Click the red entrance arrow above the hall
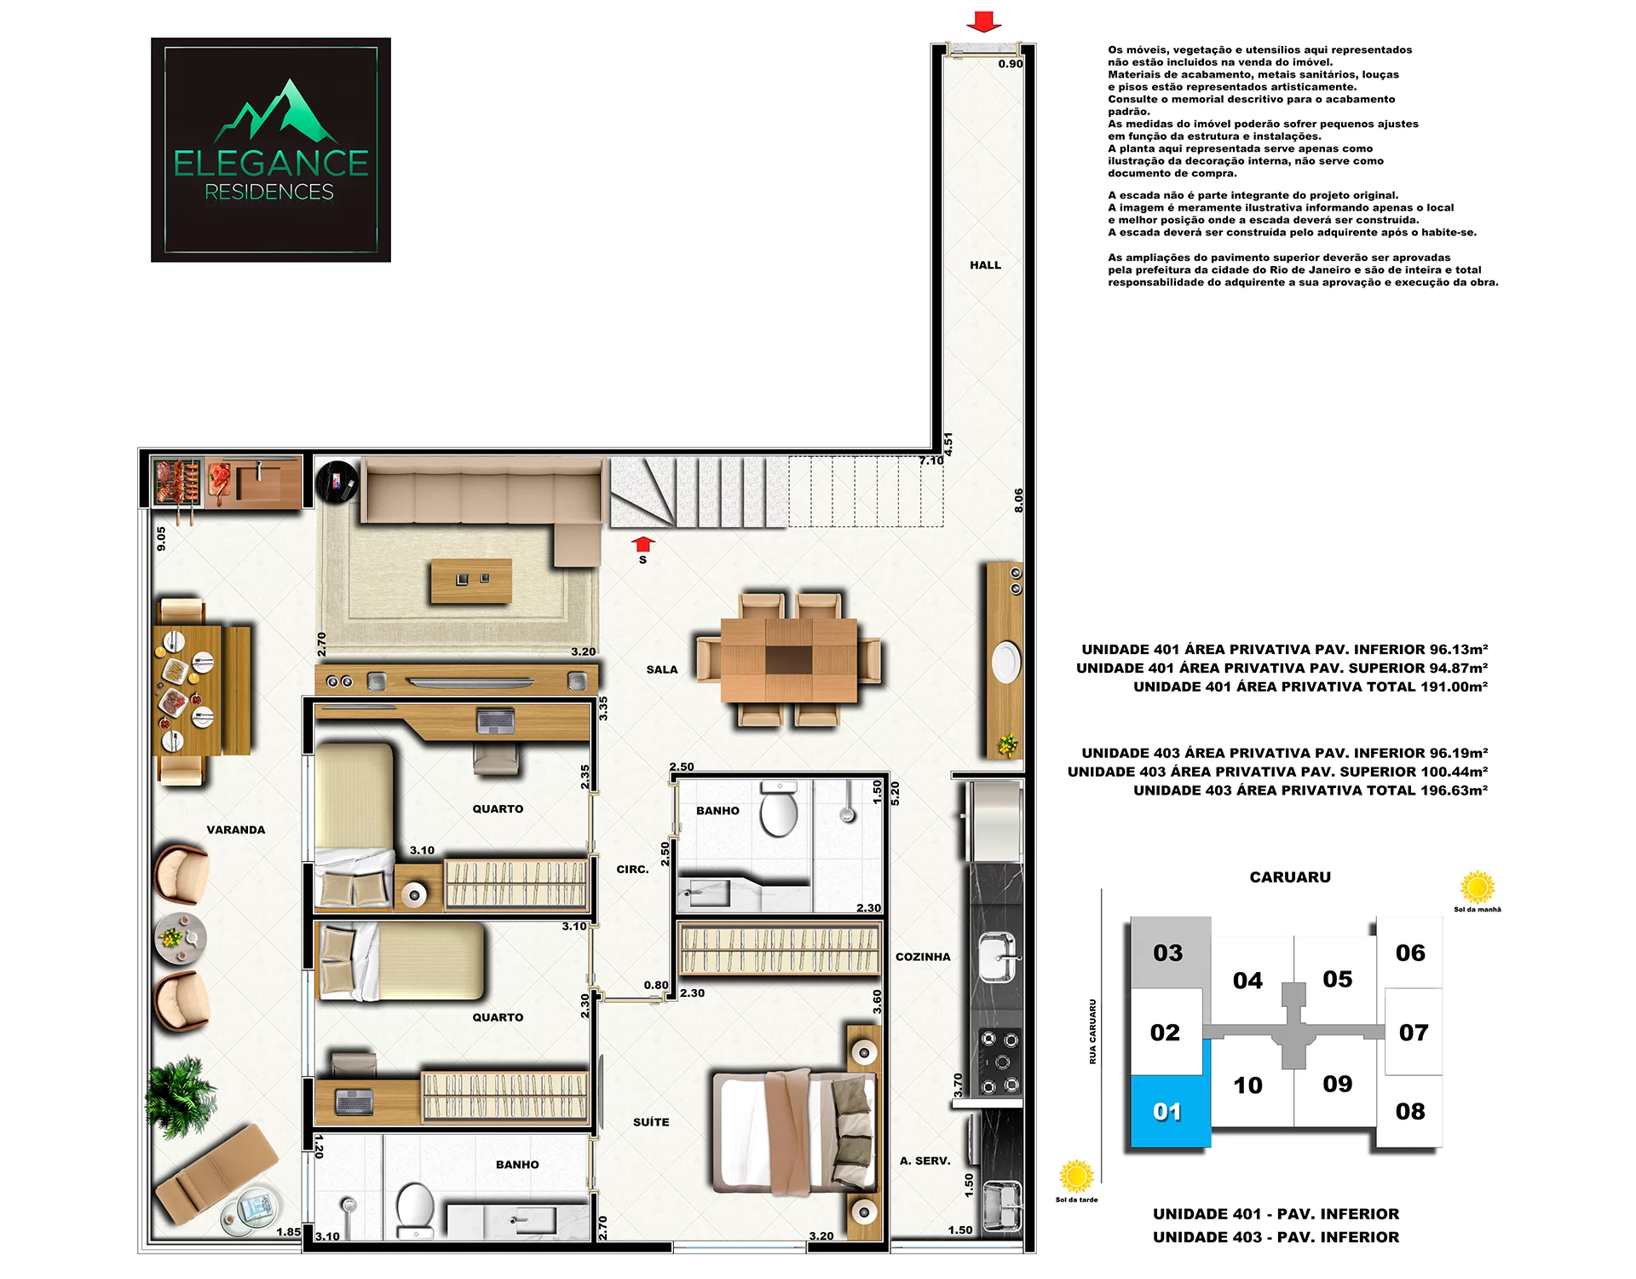(x=984, y=21)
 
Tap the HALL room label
(x=985, y=265)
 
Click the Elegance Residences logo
(x=271, y=149)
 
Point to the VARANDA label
(x=236, y=830)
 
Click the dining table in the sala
(x=789, y=660)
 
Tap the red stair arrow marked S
(x=642, y=545)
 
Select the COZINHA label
(x=923, y=957)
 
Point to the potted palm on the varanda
(x=180, y=1097)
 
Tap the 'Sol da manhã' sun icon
(x=1478, y=888)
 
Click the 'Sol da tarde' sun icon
(x=1076, y=1177)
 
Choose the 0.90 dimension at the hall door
(x=1011, y=64)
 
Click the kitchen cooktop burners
(x=999, y=1062)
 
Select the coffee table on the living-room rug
(x=471, y=581)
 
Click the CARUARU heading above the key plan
(x=1290, y=877)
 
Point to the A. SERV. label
(x=925, y=1160)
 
